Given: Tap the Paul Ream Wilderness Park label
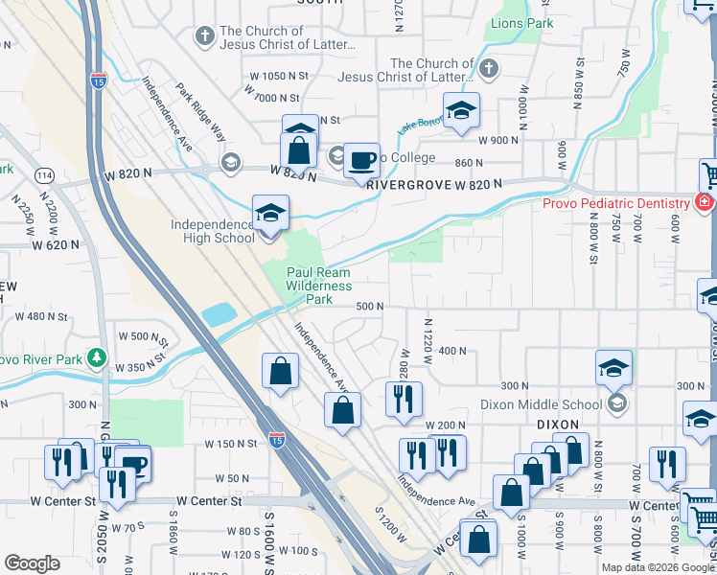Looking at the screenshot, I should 319,286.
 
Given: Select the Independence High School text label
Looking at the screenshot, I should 213,231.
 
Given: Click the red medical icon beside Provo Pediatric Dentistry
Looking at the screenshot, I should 705,203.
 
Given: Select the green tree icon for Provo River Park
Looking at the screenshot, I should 96,358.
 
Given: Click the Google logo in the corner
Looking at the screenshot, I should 32,563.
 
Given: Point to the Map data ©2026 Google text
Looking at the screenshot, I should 658,567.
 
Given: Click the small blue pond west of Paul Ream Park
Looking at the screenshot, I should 219,314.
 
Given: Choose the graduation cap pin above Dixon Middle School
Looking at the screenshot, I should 613,367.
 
